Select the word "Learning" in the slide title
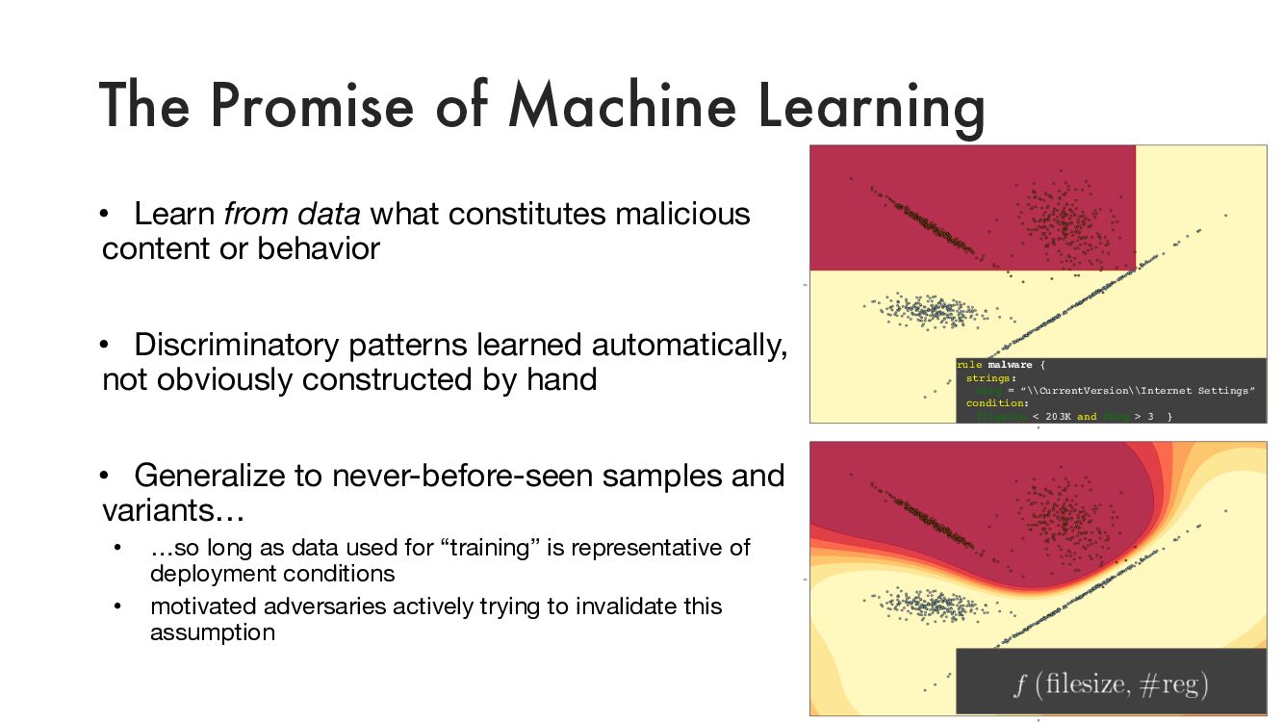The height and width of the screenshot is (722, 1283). pyautogui.click(x=870, y=106)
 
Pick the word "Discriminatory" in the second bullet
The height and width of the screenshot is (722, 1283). pyautogui.click(x=237, y=344)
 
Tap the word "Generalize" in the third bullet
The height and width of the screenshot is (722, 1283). pyautogui.click(x=213, y=475)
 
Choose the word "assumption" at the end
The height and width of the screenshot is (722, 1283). pyautogui.click(x=212, y=632)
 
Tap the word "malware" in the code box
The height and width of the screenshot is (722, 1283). pyautogui.click(x=1010, y=365)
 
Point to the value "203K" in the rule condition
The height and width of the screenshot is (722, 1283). pyautogui.click(x=1057, y=416)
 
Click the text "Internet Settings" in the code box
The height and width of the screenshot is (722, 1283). pyautogui.click(x=1196, y=391)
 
